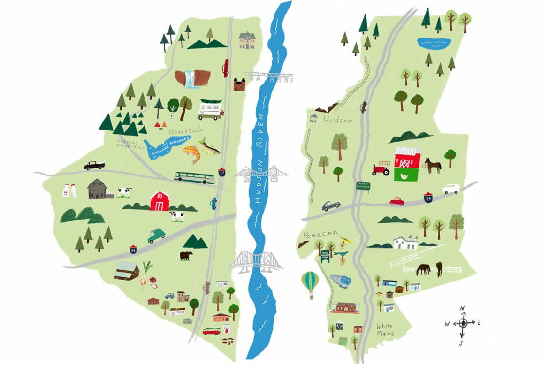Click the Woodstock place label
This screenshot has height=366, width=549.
185,130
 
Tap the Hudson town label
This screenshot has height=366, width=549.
337,120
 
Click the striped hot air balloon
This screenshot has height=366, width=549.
310,283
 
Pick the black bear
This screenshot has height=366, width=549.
186,255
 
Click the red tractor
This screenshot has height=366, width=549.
381,170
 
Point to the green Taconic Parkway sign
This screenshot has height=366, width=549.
364,185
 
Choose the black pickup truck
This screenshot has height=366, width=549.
94,165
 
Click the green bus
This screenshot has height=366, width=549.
191,177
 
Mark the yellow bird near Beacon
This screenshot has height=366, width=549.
346,240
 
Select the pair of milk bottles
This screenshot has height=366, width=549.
70,190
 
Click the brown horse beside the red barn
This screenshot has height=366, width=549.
433,165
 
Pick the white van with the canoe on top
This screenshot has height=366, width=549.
210,109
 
